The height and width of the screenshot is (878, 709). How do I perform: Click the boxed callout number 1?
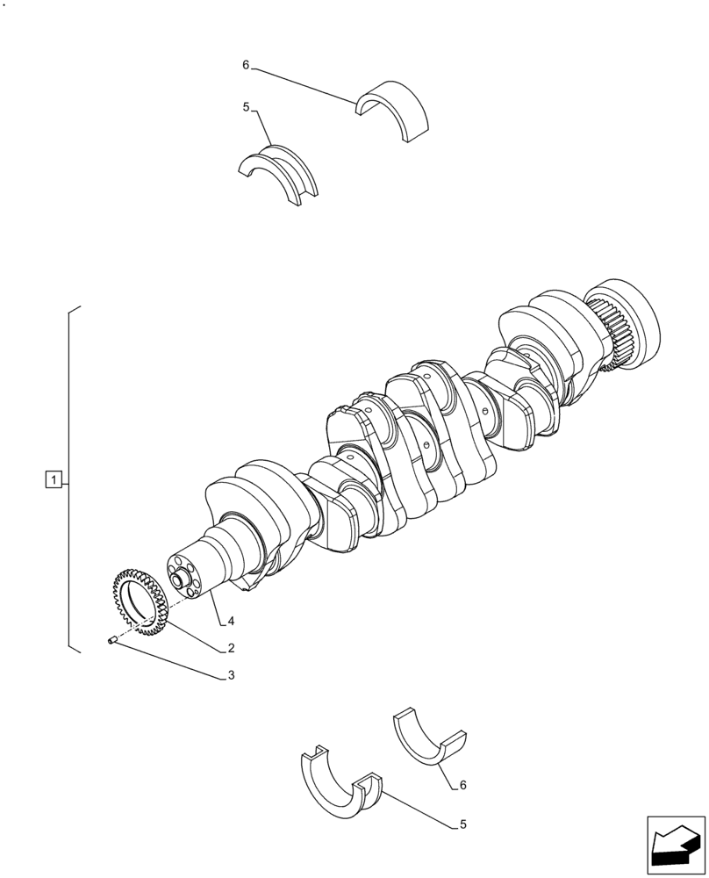54,479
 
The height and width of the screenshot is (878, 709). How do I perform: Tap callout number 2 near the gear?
230,648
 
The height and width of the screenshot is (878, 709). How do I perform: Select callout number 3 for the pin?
230,675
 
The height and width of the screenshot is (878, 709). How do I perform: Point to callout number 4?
230,621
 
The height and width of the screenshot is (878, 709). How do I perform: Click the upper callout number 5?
247,107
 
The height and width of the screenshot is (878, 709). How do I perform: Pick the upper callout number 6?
247,65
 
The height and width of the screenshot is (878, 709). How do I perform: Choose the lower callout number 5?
462,824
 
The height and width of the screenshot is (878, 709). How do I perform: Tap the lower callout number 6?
462,785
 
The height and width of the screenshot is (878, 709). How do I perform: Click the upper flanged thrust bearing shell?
279,172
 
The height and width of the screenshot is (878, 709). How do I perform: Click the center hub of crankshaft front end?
183,579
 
